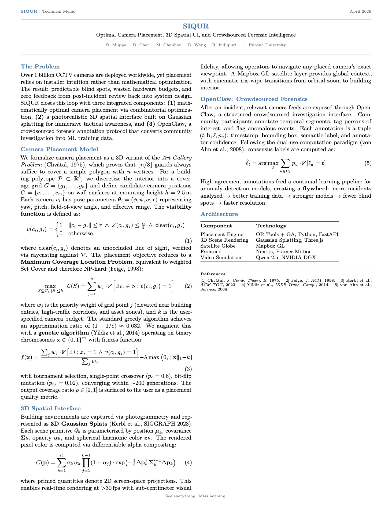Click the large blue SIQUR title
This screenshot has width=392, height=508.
point(196,26)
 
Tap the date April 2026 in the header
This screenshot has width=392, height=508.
point(360,11)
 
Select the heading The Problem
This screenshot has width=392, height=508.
point(40,67)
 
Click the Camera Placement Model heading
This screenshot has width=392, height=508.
point(59,149)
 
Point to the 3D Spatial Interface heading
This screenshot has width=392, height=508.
point(50,408)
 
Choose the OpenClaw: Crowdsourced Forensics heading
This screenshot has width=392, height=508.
point(254,99)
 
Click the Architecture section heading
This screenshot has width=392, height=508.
point(219,214)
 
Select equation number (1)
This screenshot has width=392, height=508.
point(188,241)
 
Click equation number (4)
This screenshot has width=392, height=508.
point(188,462)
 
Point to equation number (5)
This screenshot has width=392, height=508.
point(368,163)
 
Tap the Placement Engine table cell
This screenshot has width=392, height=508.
point(222,234)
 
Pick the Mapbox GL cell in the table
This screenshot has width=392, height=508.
point(270,246)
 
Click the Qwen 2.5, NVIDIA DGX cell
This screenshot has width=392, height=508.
point(286,257)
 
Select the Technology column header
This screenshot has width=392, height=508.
point(271,226)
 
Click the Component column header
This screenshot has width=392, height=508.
point(216,226)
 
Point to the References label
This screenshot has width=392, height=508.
point(213,274)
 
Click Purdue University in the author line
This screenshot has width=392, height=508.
point(267,45)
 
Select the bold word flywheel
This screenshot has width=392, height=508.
point(315,189)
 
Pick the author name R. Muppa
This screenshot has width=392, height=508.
point(116,45)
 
